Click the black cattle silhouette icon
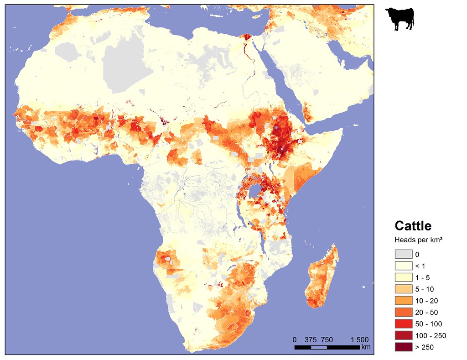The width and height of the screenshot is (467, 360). [x=400, y=20]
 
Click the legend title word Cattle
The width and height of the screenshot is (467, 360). [x=413, y=226]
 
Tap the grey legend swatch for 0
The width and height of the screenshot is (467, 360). [x=403, y=254]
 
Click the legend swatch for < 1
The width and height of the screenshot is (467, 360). [x=403, y=266]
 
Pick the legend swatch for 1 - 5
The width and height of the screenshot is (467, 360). [x=403, y=277]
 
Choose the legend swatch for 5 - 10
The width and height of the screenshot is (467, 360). [x=403, y=289]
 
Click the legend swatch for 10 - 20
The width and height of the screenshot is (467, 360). [x=403, y=301]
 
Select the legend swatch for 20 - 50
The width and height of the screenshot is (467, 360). [x=403, y=312]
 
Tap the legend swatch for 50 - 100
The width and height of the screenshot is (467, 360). [x=403, y=324]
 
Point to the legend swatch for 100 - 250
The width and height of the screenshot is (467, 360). [x=403, y=335]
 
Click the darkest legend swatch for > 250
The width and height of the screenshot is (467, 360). [x=403, y=347]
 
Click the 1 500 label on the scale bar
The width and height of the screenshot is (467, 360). [x=359, y=339]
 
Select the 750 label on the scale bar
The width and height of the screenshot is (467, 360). [x=327, y=339]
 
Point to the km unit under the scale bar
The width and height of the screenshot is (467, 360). [x=365, y=348]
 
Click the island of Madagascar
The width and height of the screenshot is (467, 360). [x=323, y=278]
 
